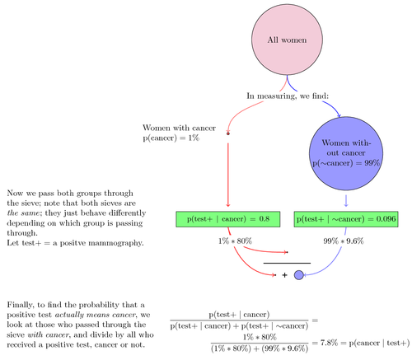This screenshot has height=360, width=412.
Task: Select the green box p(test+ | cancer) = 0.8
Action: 228,219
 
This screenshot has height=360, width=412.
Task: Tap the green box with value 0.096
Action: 346,219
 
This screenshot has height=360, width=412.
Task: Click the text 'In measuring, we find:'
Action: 288,95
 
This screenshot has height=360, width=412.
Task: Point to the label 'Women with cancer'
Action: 179,128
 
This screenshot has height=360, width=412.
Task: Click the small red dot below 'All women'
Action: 228,132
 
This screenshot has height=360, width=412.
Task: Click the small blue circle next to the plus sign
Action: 299,274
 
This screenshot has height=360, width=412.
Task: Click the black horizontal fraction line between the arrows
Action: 287,263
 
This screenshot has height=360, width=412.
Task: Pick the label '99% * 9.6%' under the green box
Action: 344,241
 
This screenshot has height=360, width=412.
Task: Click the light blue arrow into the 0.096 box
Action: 345,200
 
